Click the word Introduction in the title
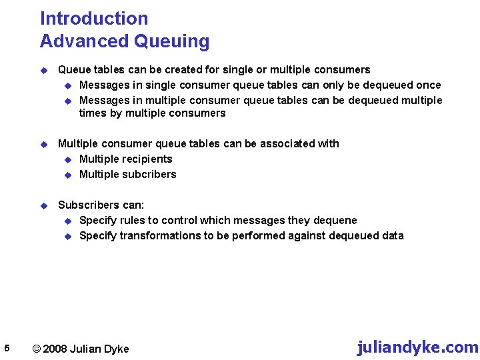(94, 19)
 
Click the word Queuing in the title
(171, 41)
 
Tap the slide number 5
(6, 348)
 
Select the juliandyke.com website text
(417, 347)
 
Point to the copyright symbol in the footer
(37, 349)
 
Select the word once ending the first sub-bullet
(428, 85)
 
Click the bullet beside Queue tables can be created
(44, 70)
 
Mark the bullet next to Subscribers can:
(44, 205)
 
